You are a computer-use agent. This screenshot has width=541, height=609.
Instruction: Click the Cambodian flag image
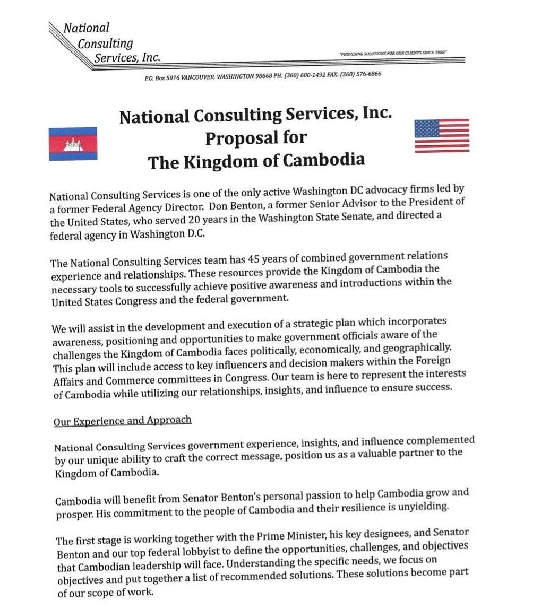coord(73,144)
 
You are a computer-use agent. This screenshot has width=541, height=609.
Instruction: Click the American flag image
coord(441,136)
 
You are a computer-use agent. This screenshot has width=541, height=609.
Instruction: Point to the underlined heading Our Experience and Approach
coord(122,420)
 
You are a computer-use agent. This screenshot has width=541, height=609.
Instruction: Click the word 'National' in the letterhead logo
coord(85,28)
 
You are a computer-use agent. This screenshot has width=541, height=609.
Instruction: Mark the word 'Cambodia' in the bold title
coord(323,160)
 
